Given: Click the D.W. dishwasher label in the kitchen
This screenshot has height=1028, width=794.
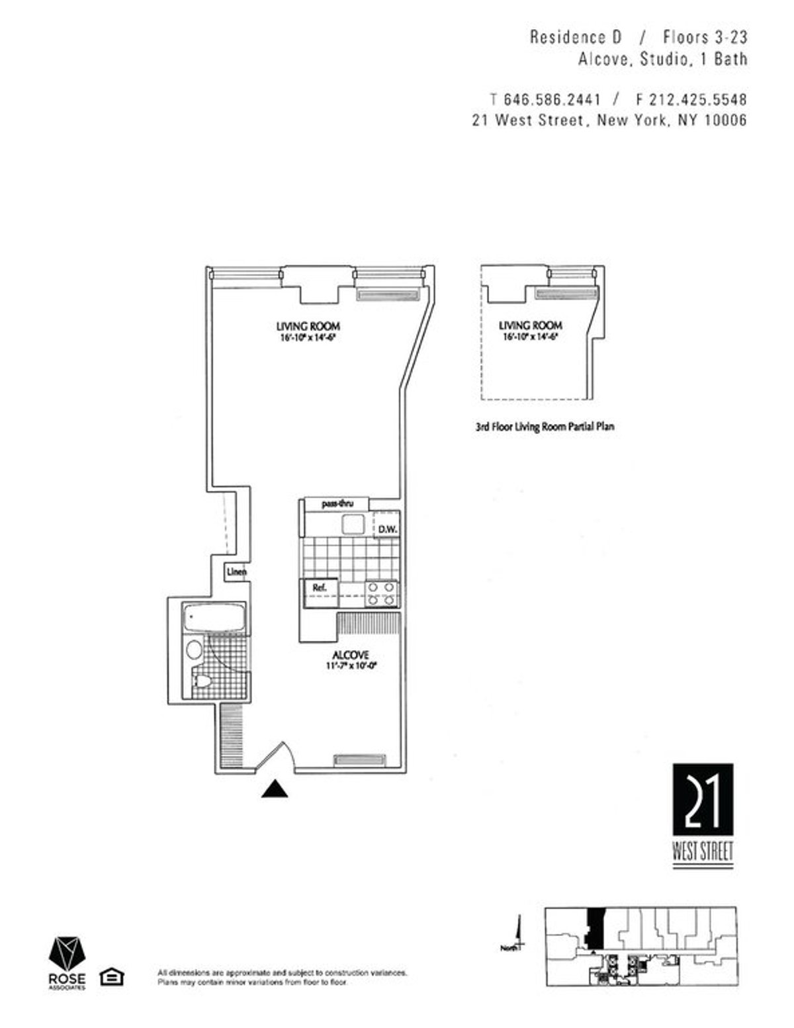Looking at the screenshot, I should coord(386,529).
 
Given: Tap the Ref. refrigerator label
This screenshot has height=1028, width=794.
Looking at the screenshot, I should coord(311,587).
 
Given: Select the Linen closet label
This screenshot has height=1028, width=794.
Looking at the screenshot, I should coord(236,572).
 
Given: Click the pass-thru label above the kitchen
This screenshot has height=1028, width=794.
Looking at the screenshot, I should coord(337,504).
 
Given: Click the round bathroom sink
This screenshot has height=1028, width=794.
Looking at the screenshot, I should coord(195,648).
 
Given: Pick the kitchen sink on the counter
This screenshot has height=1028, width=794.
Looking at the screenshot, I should coord(352,525).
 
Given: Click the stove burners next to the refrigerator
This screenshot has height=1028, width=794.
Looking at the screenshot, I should coord(382,593).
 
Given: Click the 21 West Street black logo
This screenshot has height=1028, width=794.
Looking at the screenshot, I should coord(703,800).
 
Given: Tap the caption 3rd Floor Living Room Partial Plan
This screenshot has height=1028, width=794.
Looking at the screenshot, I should coord(545,427).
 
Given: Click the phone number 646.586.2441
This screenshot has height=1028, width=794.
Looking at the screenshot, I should coord(552,100).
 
